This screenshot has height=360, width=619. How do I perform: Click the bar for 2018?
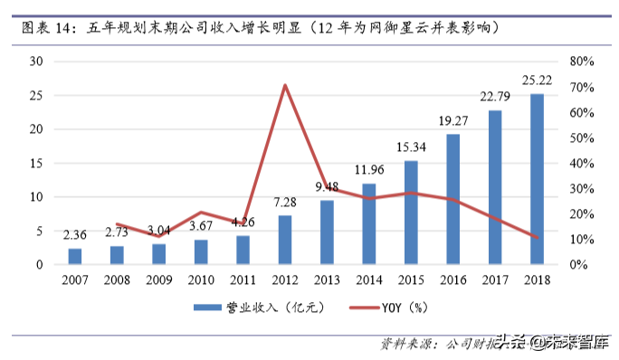pyautogui.click(x=537, y=179)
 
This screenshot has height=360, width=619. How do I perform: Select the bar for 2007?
pyautogui.click(x=75, y=256)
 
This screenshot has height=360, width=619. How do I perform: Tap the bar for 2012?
pyautogui.click(x=285, y=240)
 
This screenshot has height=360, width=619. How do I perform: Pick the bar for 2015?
pyautogui.click(x=411, y=213)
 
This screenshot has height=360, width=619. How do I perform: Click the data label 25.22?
pyautogui.click(x=537, y=78)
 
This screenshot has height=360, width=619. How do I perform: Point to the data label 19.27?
pyautogui.click(x=452, y=118)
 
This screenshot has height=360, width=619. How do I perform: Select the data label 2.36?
pyautogui.click(x=75, y=235)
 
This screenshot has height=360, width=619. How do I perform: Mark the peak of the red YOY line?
pyautogui.click(x=285, y=85)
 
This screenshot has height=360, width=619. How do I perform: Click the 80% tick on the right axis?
pyautogui.click(x=581, y=62)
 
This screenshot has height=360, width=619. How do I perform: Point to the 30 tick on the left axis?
pyautogui.click(x=37, y=62)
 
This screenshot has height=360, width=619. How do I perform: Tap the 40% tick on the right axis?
pyautogui.click(x=581, y=163)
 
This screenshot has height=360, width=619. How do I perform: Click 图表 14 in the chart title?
pyautogui.click(x=44, y=28)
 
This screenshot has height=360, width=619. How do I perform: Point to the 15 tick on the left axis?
pyautogui.click(x=37, y=163)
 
